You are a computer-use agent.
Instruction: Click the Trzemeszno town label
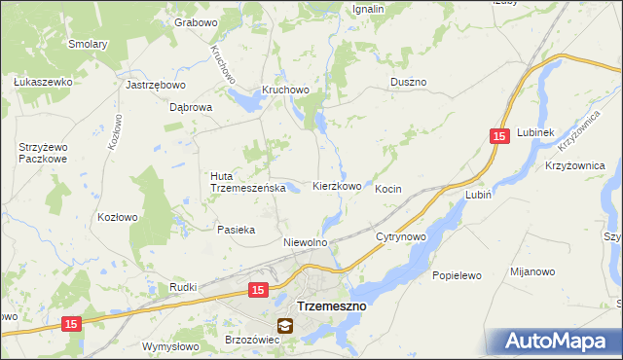coord(331,306)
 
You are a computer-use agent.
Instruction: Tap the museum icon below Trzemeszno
coord(284,326)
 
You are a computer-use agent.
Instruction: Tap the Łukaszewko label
coord(43,82)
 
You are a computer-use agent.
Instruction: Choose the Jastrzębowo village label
coord(149,85)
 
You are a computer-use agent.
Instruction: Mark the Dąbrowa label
coord(191,108)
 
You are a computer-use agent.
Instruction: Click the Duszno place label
coord(408,83)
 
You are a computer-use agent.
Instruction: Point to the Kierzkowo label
coord(337,186)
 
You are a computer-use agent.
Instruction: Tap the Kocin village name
coord(388,189)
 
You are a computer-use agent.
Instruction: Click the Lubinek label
coord(535,132)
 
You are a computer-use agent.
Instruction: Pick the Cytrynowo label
coord(401,236)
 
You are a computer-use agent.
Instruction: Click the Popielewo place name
coord(457,275)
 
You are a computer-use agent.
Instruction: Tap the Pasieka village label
coord(236,230)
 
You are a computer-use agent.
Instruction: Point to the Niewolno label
coord(305,242)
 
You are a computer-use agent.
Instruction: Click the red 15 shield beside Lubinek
coord(498,138)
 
